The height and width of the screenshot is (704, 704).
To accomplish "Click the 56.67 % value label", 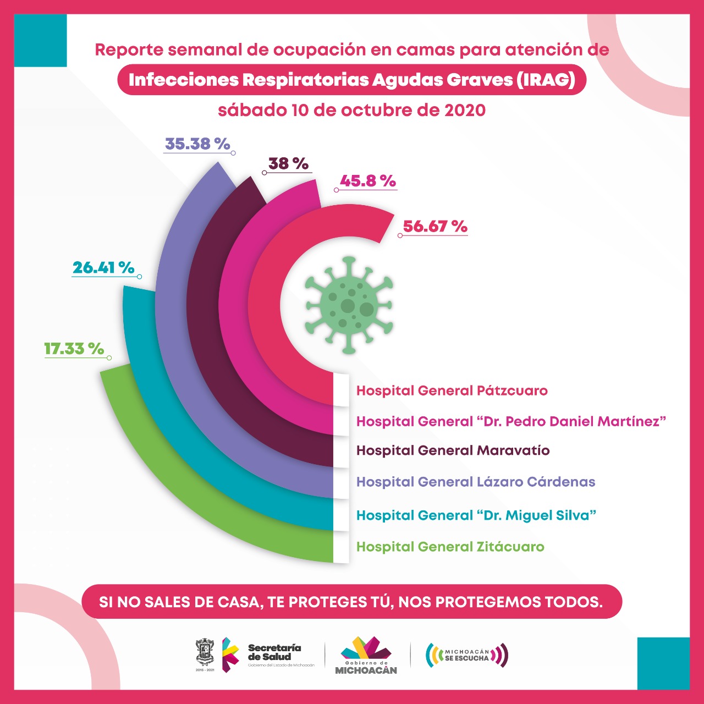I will point(435,226).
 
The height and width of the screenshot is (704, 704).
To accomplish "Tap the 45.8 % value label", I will point(368,180).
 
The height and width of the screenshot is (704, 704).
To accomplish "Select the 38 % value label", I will point(288,163).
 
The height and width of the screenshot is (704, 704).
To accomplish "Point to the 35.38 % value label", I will point(197,144).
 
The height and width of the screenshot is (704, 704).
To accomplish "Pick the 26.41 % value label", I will point(103,267).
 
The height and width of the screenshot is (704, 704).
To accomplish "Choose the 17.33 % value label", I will point(74,348).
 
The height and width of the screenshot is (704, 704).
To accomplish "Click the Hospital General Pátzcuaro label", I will point(452,391).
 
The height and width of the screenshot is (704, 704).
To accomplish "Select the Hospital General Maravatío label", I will point(453,450).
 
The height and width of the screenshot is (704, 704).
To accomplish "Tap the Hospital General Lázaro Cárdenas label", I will point(476,482).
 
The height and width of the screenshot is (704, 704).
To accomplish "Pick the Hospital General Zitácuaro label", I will point(450,547).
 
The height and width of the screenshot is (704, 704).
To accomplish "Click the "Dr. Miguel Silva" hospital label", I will point(476,515).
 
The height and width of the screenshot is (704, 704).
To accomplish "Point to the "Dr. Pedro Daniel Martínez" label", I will point(512,421).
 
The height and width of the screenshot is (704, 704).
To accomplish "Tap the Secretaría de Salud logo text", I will point(274,652).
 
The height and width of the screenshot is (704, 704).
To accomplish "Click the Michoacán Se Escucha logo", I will point(467,655).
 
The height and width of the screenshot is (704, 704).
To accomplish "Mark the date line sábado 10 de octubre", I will point(352,110).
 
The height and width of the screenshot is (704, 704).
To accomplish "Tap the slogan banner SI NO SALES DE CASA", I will point(351,601).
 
